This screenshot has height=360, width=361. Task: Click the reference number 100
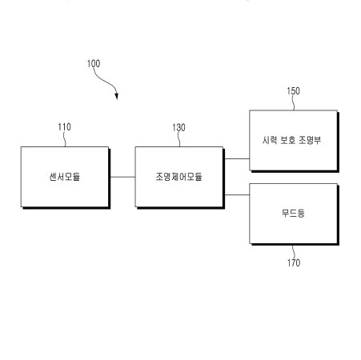(94, 64)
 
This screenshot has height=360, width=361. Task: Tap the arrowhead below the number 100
(116, 96)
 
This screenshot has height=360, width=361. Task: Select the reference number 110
(65, 127)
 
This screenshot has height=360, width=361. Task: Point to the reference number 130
(178, 127)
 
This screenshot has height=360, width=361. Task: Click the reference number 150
(293, 91)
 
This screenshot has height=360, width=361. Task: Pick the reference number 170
(294, 263)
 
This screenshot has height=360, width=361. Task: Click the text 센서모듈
(65, 177)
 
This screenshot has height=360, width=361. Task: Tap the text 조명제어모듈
(179, 177)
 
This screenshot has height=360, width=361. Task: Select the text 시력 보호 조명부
(291, 140)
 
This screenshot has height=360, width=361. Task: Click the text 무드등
(293, 213)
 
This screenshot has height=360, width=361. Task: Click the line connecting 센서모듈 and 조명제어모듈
(122, 177)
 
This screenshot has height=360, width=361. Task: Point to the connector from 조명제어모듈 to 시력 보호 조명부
(237, 158)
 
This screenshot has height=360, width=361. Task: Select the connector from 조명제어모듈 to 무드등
(237, 195)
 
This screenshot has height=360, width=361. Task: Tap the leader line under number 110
(64, 139)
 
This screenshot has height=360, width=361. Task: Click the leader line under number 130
(178, 139)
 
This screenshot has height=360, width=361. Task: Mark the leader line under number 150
(293, 103)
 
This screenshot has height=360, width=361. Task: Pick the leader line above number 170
(293, 252)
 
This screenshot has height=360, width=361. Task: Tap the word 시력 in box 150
(270, 140)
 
